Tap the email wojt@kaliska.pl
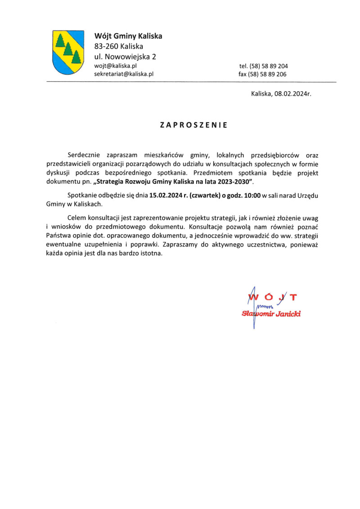(x=115, y=66)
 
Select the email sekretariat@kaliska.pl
(x=124, y=74)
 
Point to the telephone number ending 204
(x=263, y=66)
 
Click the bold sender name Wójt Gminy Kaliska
(x=128, y=36)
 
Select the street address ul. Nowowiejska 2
(x=125, y=57)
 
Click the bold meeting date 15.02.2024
(x=166, y=195)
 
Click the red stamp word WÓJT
(x=273, y=297)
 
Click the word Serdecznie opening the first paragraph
(x=85, y=155)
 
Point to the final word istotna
(x=150, y=253)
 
